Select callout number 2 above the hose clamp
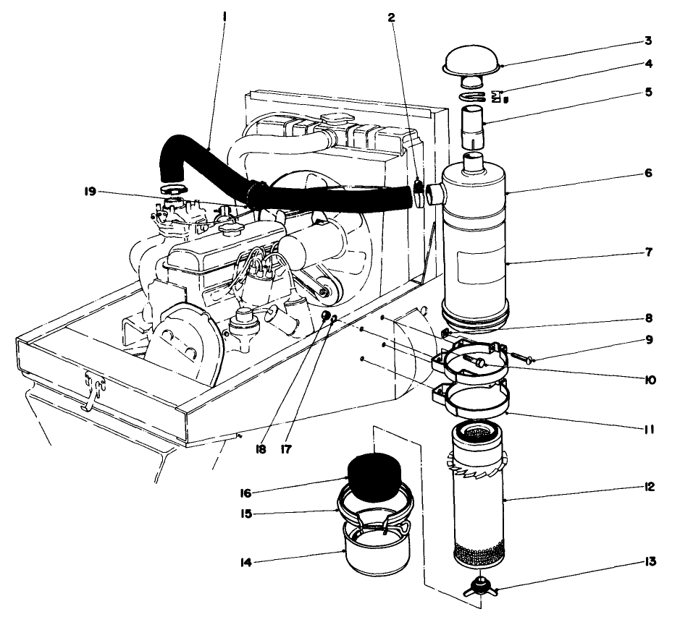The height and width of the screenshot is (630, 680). [x=392, y=18]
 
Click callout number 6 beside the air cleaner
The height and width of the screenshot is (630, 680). [x=649, y=174]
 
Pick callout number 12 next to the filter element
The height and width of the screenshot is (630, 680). [x=649, y=487]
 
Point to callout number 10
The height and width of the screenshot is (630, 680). [x=649, y=379]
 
